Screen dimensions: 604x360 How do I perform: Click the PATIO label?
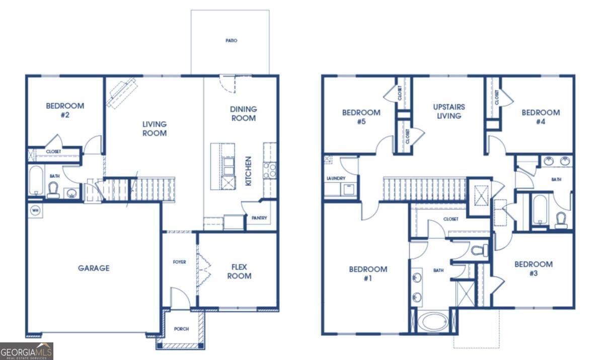pos(232,41)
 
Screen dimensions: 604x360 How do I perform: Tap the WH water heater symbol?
pos(35,210)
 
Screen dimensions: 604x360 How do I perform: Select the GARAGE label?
pos(94,268)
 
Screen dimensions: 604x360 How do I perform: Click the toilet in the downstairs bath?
pos(53,190)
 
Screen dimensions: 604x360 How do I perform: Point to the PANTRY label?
pos(259,218)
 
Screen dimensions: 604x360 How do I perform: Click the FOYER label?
pos(179,262)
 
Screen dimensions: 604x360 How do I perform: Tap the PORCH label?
pos(182,329)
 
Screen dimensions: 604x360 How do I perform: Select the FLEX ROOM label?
pos(239,271)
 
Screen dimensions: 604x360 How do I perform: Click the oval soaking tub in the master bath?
pos(435,322)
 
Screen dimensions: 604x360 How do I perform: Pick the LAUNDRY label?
pos(336,178)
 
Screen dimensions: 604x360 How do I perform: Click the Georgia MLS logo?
pos(26,351)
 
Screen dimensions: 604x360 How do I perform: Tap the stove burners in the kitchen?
pos(270,171)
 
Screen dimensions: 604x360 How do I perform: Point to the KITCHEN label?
pos(248,171)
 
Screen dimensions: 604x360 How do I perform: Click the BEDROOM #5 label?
pos(361,117)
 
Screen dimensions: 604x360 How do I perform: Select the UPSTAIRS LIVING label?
pos(449,111)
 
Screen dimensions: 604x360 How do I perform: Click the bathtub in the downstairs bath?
pos(36,180)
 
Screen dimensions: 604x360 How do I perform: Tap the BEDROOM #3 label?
pos(534,268)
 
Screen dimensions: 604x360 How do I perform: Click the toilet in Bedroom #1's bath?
pos(479,250)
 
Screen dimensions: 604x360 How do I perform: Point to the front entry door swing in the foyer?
pos(180,298)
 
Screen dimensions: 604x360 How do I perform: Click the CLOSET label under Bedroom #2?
pos(53,152)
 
